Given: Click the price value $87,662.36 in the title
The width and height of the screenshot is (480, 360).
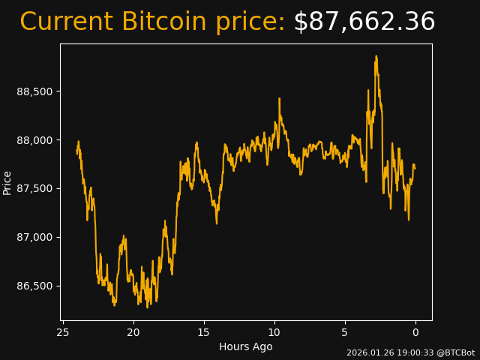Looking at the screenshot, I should (364, 22).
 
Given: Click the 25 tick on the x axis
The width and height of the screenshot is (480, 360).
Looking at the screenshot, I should (63, 332).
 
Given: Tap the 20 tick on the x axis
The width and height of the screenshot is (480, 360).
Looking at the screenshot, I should (133, 332).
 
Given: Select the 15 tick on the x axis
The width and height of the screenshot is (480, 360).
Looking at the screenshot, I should (204, 332).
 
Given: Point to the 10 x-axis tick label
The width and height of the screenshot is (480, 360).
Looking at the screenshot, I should (274, 332).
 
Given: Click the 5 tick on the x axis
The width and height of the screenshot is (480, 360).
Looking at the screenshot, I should (345, 332).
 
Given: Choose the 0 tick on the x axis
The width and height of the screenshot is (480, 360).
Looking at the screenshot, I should (415, 332).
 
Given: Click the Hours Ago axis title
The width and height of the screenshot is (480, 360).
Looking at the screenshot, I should (246, 346).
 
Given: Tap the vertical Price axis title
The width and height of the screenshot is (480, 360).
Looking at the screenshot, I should (7, 182).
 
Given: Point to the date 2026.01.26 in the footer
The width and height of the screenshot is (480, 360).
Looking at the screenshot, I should (367, 352).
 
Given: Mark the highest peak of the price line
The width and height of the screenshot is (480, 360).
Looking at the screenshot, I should (376, 56).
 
